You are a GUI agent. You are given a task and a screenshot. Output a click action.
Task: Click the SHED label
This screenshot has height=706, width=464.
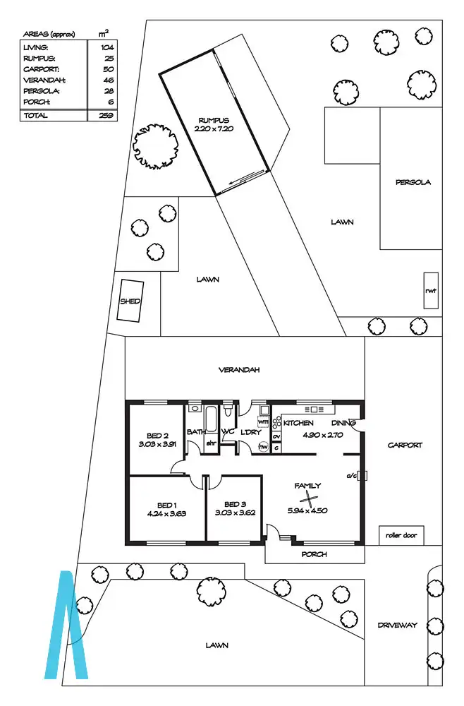(130, 301)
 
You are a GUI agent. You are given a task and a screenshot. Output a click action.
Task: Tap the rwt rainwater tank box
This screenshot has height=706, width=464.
(430, 290)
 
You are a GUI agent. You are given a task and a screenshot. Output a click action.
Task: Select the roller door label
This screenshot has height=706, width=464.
(401, 536)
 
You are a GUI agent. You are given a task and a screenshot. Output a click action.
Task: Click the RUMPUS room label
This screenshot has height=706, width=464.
(214, 120)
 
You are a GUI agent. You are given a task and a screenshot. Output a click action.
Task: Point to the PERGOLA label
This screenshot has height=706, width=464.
(413, 182)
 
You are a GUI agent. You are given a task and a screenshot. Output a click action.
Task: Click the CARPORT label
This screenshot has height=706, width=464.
(405, 445)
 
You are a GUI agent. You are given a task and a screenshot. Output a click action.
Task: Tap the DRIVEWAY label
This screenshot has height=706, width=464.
(398, 625)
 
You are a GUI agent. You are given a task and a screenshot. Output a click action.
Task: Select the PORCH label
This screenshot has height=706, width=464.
(314, 554)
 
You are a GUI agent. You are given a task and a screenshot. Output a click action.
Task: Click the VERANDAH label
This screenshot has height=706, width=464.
(240, 370)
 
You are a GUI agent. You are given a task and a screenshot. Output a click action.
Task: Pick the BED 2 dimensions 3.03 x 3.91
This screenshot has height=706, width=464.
(157, 445)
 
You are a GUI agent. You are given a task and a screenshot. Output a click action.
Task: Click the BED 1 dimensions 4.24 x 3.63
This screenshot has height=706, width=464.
(166, 514)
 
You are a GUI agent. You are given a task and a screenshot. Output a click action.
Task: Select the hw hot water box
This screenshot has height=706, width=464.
(263, 446)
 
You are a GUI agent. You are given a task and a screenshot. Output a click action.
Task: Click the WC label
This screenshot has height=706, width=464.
(228, 431)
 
